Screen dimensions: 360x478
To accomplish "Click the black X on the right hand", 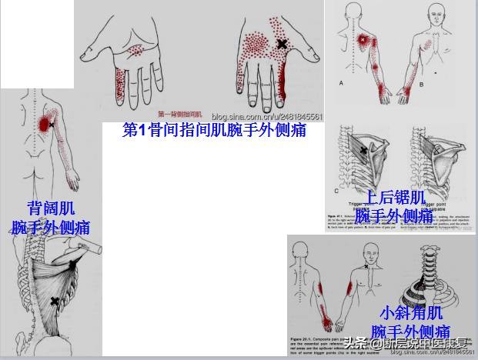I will coord(282,45).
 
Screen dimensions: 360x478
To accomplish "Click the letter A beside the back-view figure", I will coord(341,81).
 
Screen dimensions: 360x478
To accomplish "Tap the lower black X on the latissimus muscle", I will coord(54,301).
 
